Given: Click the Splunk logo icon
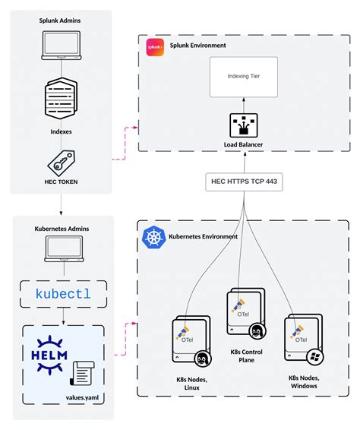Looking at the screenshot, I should [156, 46].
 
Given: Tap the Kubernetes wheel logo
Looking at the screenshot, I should [153, 239].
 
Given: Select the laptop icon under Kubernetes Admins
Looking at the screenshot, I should [64, 248].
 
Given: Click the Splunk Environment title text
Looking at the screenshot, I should [197, 46].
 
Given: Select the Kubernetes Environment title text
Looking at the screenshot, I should [204, 236].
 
